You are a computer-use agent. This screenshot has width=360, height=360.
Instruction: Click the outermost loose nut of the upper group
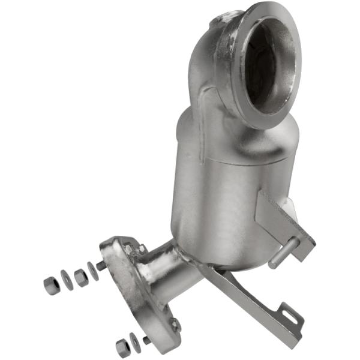pyautogui.click(x=50, y=286)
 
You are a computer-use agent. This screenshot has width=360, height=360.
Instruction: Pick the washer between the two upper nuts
pyautogui.click(x=66, y=280)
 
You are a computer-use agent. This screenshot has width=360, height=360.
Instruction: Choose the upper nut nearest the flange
pyautogui.click(x=80, y=277)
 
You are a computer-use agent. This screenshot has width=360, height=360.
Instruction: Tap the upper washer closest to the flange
pyautogui.click(x=93, y=271)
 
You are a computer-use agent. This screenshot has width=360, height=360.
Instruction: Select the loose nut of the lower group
pyautogui.click(x=124, y=347)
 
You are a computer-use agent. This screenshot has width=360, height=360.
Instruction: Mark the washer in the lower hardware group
pyautogui.click(x=136, y=343)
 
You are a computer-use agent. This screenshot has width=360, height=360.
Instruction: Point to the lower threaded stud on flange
pyautogui.click(x=147, y=340)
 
